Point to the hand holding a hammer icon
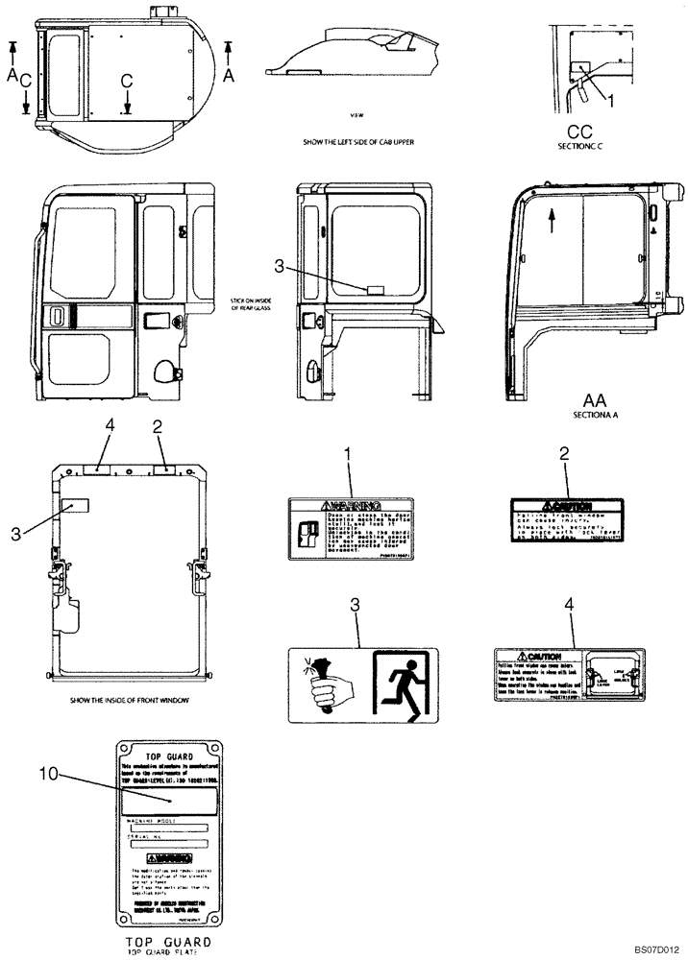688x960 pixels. pyautogui.click(x=322, y=684)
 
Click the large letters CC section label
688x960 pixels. pyautogui.click(x=578, y=132)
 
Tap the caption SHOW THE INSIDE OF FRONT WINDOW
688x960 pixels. pyautogui.click(x=129, y=701)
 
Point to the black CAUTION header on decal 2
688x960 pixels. pyautogui.click(x=565, y=506)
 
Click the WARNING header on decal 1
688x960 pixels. pyautogui.click(x=350, y=505)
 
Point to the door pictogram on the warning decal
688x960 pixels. pyautogui.click(x=309, y=533)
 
